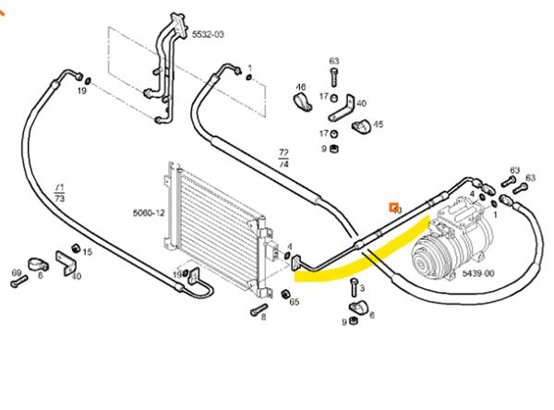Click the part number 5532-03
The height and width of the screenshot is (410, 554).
point(208,34)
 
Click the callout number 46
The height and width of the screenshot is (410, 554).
point(300,88)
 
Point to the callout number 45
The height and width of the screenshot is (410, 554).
point(379,124)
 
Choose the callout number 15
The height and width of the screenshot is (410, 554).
point(88,252)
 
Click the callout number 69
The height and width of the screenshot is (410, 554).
point(16,272)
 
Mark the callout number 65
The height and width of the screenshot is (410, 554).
point(295,302)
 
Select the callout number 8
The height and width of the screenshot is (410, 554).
point(263,318)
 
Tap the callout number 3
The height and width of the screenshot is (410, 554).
point(362,288)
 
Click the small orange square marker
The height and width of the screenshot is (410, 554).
point(394,208)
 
